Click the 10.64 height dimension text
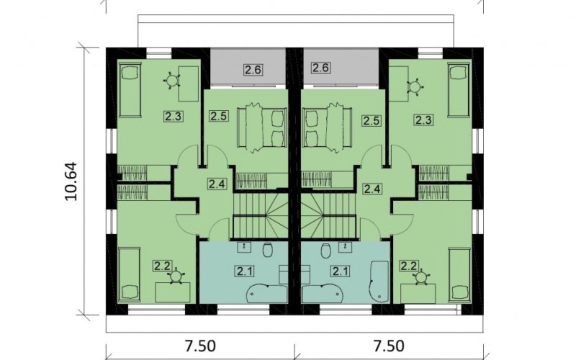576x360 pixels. pyautogui.click(x=71, y=181)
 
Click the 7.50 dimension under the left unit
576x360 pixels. pyautogui.click(x=200, y=346)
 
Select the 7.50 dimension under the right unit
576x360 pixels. pyautogui.click(x=389, y=346)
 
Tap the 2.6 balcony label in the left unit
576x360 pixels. pyautogui.click(x=253, y=69)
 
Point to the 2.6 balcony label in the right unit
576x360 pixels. pyautogui.click(x=320, y=68)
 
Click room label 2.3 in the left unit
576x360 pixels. pyautogui.click(x=173, y=117)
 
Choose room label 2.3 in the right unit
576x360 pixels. pyautogui.click(x=423, y=120)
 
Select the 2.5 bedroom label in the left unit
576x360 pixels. pyautogui.click(x=220, y=116)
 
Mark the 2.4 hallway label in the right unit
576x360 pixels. pyautogui.click(x=372, y=189)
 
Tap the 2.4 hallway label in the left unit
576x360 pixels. pyautogui.click(x=217, y=183)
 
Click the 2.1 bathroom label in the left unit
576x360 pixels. pyautogui.click(x=245, y=271)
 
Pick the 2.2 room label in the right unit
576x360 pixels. pyautogui.click(x=409, y=266)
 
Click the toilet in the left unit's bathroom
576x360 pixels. pyautogui.click(x=268, y=251)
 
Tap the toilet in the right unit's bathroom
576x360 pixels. pyautogui.click(x=325, y=251)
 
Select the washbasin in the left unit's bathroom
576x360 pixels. pyautogui.click(x=245, y=247)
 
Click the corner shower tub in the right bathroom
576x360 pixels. pyautogui.click(x=379, y=282)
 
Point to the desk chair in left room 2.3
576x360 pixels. pyautogui.click(x=172, y=80)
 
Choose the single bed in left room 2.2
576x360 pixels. pyautogui.click(x=130, y=275)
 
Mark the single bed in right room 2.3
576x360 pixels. pyautogui.click(x=458, y=90)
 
